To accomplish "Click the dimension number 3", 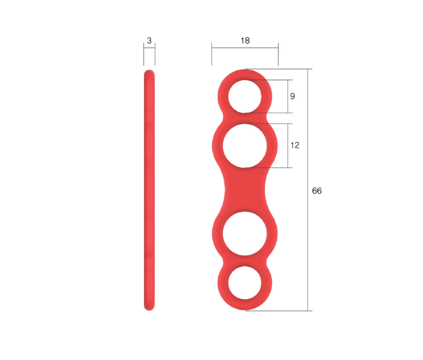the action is (149, 40).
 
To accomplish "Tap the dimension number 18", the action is (245, 40).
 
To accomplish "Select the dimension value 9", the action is (292, 96).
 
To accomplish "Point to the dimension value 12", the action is (295, 145).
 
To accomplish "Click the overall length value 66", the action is (317, 191).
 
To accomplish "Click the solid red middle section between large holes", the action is (244, 190).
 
